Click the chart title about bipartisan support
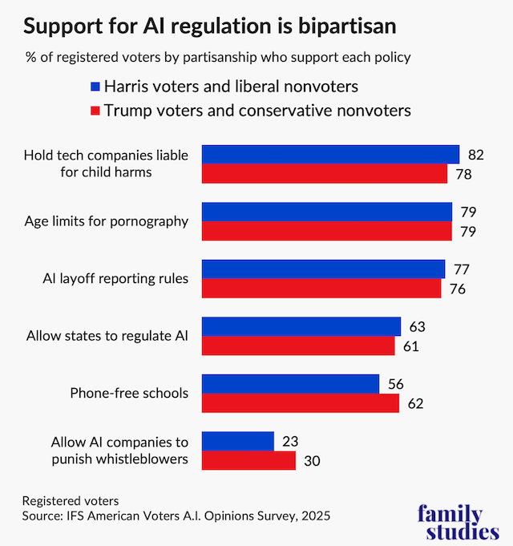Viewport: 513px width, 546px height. point(209,26)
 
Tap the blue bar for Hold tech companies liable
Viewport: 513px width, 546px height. point(329,154)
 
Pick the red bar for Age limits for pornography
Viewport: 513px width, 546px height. point(326,231)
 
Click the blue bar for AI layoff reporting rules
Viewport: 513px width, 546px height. point(322,269)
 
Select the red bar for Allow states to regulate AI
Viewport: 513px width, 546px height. point(297,346)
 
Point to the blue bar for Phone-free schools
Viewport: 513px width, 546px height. point(290,384)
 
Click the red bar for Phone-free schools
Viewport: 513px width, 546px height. point(300,403)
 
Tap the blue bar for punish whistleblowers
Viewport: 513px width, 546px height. point(237,441)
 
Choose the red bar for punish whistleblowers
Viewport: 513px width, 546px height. point(248,460)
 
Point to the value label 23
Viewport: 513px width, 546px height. point(289,442)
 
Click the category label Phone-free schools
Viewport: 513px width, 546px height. point(129,393)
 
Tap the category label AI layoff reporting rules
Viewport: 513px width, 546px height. point(115,278)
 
